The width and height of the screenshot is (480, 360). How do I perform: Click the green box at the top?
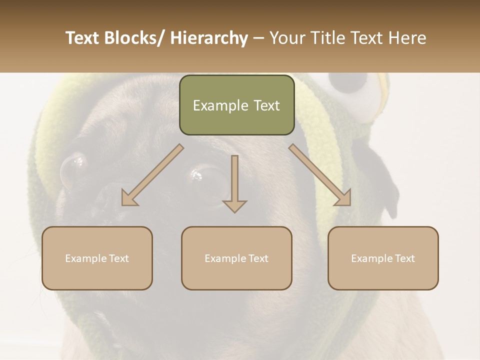click(x=236, y=105)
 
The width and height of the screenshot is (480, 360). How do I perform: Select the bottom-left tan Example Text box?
click(x=97, y=258)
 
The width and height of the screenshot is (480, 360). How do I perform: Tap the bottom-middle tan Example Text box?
click(x=236, y=258)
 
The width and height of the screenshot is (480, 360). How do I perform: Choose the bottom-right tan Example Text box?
click(x=383, y=258)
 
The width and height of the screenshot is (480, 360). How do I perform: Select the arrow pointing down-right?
click(x=320, y=175)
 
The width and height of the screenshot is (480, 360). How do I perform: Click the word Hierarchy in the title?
click(x=209, y=38)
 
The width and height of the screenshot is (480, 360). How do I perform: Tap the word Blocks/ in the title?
click(x=134, y=38)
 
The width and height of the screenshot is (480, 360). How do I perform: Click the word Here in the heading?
click(x=407, y=38)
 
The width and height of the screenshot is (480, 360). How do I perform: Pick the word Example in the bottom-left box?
click(x=86, y=258)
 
